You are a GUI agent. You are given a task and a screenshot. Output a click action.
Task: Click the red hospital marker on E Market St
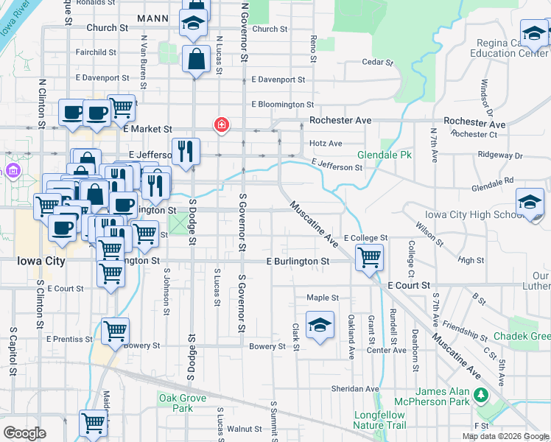(x=220, y=125)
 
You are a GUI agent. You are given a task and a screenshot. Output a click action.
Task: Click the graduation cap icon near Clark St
(x=320, y=325)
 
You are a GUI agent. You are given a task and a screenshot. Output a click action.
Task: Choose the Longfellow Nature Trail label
(x=379, y=419)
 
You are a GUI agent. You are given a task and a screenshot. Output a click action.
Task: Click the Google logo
(x=24, y=433)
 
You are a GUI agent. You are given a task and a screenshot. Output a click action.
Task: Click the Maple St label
(x=322, y=298)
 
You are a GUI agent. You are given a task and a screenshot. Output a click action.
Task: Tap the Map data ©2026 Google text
(x=505, y=436)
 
